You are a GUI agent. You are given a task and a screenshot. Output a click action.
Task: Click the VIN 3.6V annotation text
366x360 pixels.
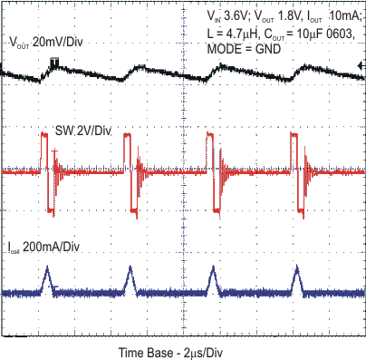coord(228,15)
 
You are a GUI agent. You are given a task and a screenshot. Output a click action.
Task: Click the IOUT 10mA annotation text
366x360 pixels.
coord(331,15)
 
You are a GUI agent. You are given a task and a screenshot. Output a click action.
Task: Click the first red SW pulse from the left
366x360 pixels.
coord(44,150)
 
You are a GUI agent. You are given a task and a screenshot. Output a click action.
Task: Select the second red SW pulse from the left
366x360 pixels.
coord(128,150)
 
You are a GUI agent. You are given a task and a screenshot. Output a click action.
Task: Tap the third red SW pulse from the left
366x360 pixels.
coord(210,150)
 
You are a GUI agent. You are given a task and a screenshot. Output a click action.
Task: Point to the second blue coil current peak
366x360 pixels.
coord(130,269)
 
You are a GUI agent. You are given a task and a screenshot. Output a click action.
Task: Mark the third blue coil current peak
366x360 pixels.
coord(212,269)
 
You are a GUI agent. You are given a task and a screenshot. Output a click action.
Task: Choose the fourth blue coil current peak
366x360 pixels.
coord(296,269)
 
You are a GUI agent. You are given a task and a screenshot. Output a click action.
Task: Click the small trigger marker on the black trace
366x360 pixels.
coord(55,62)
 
